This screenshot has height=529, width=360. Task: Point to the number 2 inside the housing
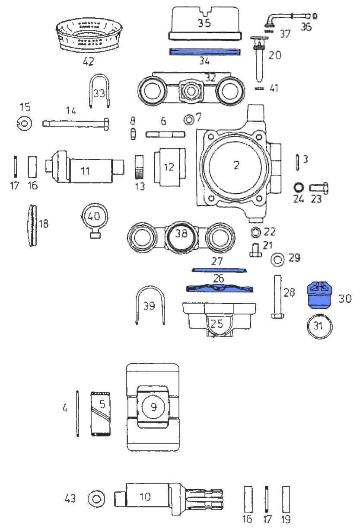click(x=236, y=165)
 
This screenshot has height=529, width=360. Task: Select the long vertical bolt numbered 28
click(x=277, y=298)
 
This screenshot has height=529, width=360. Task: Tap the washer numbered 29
click(x=277, y=260)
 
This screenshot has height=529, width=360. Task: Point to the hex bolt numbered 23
click(x=319, y=189)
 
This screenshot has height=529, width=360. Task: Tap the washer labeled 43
click(x=96, y=499)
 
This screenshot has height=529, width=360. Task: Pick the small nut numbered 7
click(x=189, y=118)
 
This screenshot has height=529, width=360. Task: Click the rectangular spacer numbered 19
click(x=286, y=499)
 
